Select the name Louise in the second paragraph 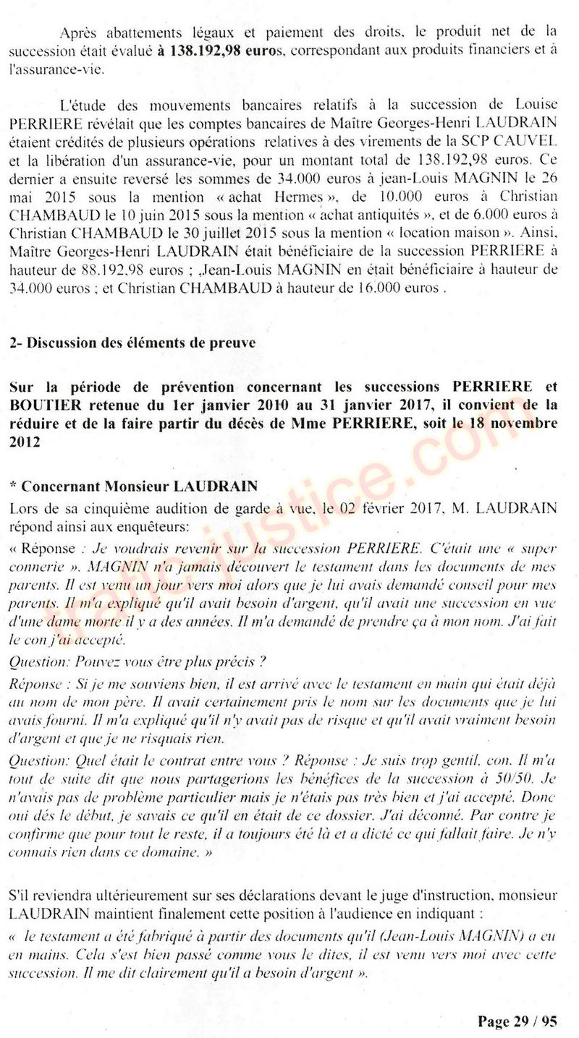(x=537, y=106)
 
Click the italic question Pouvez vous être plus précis (x=138, y=659)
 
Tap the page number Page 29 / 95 (x=517, y=1021)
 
